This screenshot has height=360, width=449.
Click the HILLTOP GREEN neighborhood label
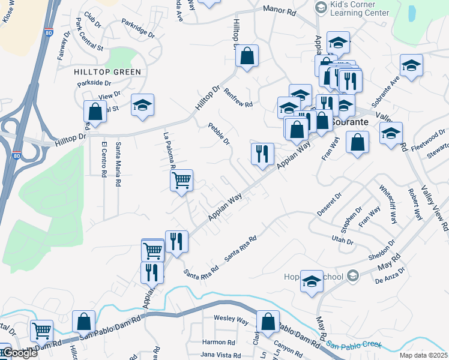pos(107,72)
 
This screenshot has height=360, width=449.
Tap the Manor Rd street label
pos(279,10)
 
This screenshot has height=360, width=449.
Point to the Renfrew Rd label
pos(238,97)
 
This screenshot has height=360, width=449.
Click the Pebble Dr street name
pos(219,134)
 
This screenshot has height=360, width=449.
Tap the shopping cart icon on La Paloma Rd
pos(181,180)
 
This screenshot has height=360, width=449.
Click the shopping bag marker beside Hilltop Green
pos(95,111)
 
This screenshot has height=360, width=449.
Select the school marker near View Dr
pos(142,105)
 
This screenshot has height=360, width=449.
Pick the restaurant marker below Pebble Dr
pos(262,153)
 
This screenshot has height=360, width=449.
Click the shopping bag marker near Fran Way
pos(358,142)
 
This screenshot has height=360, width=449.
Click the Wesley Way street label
pos(231,321)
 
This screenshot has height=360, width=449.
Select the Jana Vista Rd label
pos(218,355)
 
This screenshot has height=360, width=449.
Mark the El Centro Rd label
pos(104,160)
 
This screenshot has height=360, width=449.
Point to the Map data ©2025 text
pos(423,355)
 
